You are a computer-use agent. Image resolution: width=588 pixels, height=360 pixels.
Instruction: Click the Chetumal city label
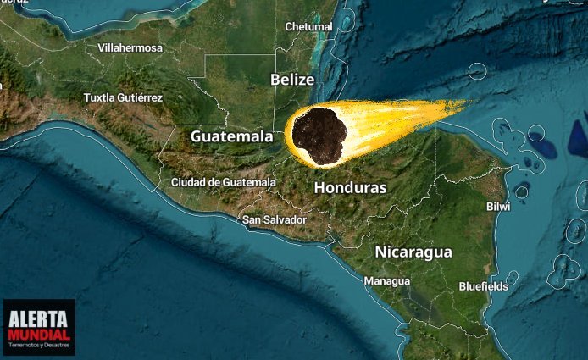[308, 27]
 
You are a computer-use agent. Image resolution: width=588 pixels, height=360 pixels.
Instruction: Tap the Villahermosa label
[130, 48]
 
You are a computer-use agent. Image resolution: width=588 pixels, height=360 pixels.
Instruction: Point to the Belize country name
[292, 80]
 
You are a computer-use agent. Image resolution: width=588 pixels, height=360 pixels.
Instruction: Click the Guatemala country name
[231, 136]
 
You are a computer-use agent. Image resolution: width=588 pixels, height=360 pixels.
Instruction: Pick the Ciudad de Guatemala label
[223, 182]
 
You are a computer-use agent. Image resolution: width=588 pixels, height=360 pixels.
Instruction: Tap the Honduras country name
[350, 188]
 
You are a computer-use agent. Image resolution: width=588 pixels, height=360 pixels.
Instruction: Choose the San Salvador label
[274, 220]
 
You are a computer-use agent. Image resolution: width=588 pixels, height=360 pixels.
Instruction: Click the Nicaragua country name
[413, 252]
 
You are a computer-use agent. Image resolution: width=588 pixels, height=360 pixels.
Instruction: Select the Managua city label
[386, 281]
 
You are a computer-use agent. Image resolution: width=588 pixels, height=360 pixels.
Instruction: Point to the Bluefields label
[483, 287]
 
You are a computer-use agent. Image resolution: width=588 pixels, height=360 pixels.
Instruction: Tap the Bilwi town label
[498, 207]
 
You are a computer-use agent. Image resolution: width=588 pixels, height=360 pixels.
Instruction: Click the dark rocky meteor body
[319, 136]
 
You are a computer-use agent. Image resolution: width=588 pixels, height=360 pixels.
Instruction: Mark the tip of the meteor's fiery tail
[466, 104]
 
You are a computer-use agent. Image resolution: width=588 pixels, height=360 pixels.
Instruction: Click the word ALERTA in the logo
[38, 318]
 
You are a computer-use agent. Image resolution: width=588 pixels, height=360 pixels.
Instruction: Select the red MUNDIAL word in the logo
[38, 333]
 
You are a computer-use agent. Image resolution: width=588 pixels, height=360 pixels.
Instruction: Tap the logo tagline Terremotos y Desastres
[38, 346]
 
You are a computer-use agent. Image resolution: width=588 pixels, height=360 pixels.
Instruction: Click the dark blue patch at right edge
[580, 138]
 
